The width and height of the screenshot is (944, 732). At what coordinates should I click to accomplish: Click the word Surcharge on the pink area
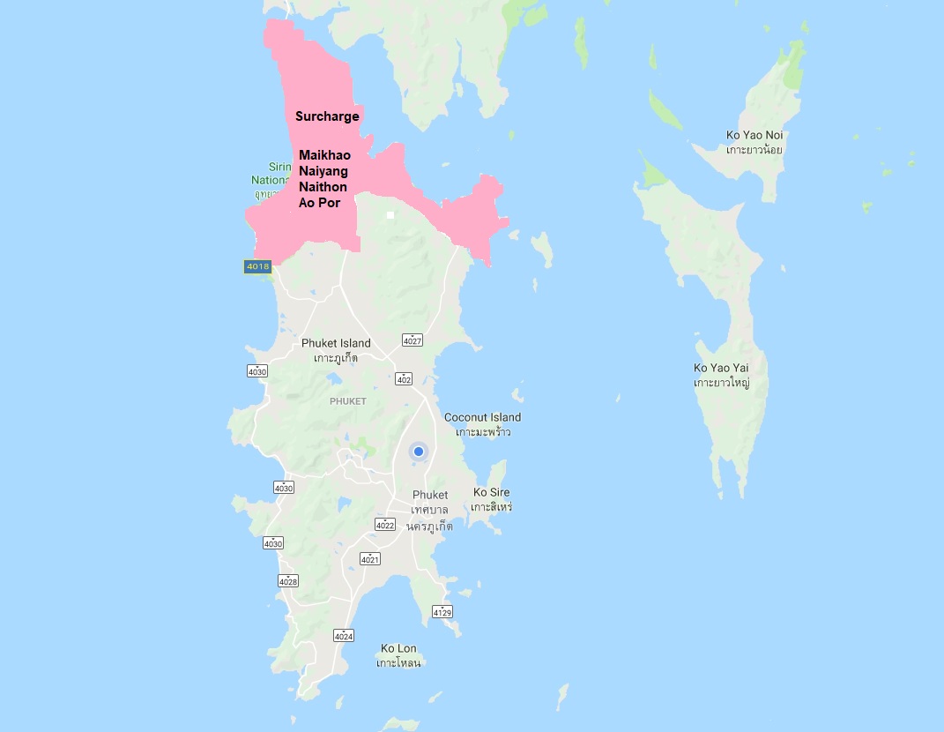(327, 116)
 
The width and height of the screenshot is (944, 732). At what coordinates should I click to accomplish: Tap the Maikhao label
(324, 155)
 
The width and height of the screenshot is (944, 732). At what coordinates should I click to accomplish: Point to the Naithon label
(323, 187)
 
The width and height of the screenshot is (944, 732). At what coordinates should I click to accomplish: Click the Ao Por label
(319, 203)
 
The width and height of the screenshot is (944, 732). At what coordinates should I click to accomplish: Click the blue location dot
(419, 452)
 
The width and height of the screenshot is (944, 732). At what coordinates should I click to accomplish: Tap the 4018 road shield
(257, 266)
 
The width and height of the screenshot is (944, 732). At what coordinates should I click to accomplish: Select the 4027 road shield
(412, 340)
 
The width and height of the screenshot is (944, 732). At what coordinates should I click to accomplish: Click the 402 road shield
(404, 379)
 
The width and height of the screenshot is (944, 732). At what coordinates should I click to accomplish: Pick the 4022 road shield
(385, 525)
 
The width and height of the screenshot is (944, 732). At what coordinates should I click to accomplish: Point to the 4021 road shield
(369, 559)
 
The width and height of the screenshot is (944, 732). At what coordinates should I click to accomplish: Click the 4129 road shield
(442, 611)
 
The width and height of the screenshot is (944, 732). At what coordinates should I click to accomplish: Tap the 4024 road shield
(344, 635)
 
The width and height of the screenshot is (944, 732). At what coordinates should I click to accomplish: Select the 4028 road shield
(288, 580)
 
